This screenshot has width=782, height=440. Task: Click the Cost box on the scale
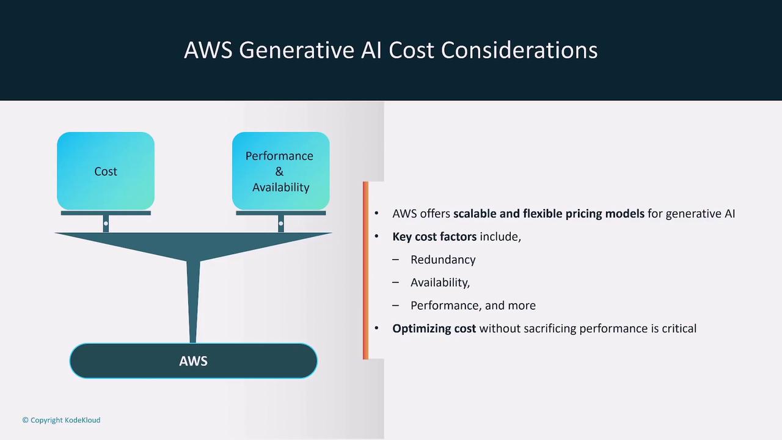coord(106,170)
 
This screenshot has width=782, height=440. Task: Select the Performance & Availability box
coord(280,170)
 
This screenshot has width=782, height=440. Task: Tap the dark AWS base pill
coord(194,361)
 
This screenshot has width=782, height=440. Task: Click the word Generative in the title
coord(297,50)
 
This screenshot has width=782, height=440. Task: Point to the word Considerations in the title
coord(519,50)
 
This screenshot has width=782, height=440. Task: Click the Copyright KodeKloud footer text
coord(62,420)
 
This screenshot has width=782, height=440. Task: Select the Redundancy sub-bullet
coord(443,260)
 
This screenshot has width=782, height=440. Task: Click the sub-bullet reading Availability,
coord(440,282)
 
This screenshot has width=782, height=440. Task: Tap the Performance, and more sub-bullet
coord(473,306)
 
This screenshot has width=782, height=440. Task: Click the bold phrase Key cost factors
coord(434,237)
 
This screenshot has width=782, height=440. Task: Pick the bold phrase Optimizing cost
coord(434,329)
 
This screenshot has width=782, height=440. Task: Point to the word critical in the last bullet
coord(679,329)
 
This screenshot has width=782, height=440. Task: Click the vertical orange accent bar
coord(365,270)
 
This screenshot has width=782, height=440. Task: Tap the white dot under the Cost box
coord(106,224)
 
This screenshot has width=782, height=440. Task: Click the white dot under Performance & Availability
coord(280,224)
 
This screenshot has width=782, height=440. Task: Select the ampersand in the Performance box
coord(279,172)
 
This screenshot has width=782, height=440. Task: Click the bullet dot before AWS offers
coord(376,214)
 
